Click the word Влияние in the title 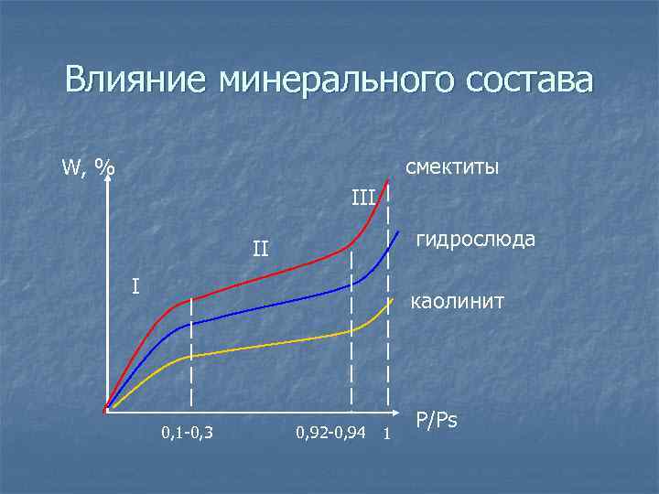(136, 80)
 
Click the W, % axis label (88, 167)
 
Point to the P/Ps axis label (437, 421)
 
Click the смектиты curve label (451, 167)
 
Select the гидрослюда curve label (476, 240)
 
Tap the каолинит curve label (457, 300)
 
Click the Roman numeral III (363, 196)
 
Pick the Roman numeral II (261, 248)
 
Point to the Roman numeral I (135, 286)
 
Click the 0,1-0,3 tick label (187, 432)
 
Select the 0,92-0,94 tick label (331, 432)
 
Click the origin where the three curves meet (106, 409)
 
